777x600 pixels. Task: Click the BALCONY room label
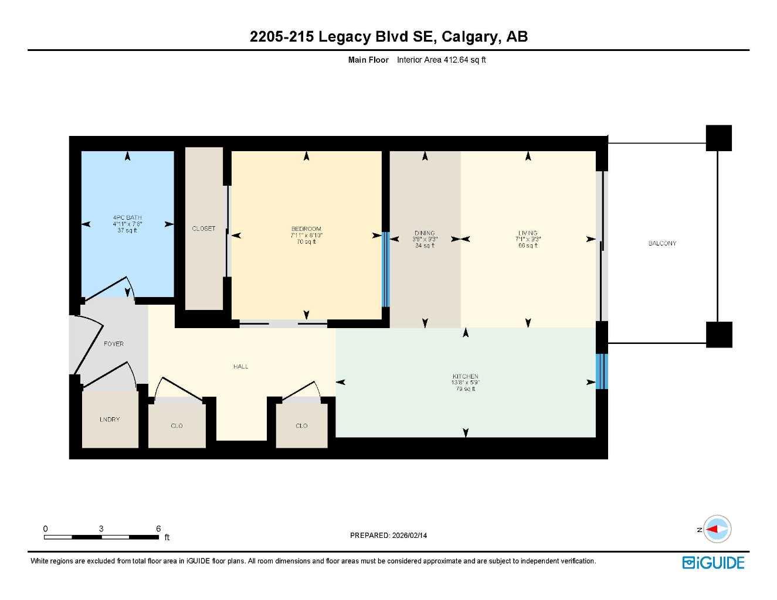coord(662,243)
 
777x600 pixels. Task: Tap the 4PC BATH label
coord(127,217)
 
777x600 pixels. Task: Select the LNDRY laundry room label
coord(110,420)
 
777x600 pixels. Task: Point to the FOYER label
coord(114,343)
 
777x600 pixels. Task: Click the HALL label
coord(240,366)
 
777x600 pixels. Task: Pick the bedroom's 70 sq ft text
coord(307,242)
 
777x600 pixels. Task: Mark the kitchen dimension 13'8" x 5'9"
coord(465,383)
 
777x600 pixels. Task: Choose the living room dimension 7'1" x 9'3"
coord(528,239)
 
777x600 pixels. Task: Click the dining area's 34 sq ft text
coord(425,246)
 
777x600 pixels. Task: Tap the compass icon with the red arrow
coord(717,529)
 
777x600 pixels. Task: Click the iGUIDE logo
coord(713,563)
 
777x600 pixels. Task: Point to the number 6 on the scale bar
coord(158,528)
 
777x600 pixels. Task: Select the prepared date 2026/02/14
coord(409,536)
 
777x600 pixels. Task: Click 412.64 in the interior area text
coord(456,60)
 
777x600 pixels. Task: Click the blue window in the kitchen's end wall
coord(602,371)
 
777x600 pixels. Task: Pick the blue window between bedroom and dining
coord(385,270)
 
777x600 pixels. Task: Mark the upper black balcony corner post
coord(719,138)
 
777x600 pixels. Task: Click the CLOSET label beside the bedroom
coord(203,229)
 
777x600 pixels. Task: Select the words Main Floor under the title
coord(368,60)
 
